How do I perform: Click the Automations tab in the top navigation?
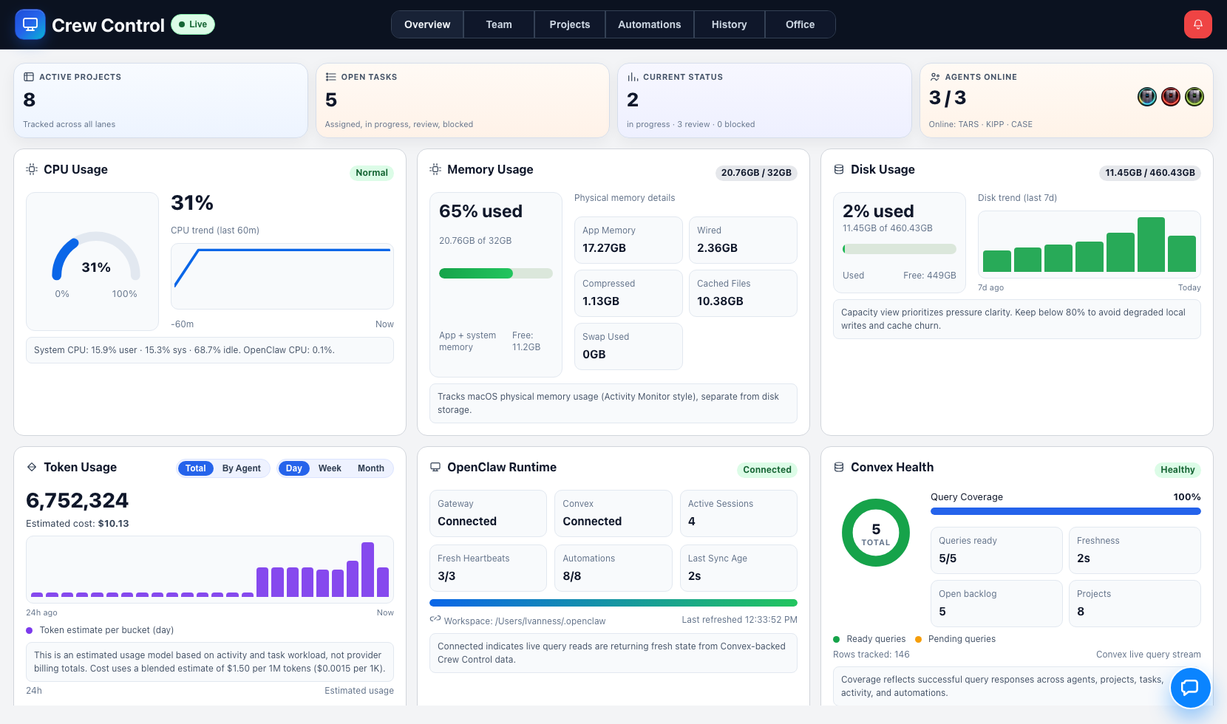649,24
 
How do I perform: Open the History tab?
729,24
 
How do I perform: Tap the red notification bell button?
1197,24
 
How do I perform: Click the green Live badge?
193,24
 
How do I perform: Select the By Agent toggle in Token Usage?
241,468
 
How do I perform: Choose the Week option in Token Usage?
330,468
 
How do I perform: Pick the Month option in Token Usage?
370,468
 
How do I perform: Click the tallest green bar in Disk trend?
1151,245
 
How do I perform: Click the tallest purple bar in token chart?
367,570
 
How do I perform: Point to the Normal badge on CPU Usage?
371,173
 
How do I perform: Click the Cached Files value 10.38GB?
720,301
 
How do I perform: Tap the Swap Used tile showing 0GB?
628,346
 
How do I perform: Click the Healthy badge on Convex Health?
1177,470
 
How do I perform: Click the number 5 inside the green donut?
876,529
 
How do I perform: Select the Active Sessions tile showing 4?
738,513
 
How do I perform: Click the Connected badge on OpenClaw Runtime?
767,470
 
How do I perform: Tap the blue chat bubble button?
1190,688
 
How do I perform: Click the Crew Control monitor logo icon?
30,24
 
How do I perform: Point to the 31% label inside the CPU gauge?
96,267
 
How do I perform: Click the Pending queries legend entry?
961,639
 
